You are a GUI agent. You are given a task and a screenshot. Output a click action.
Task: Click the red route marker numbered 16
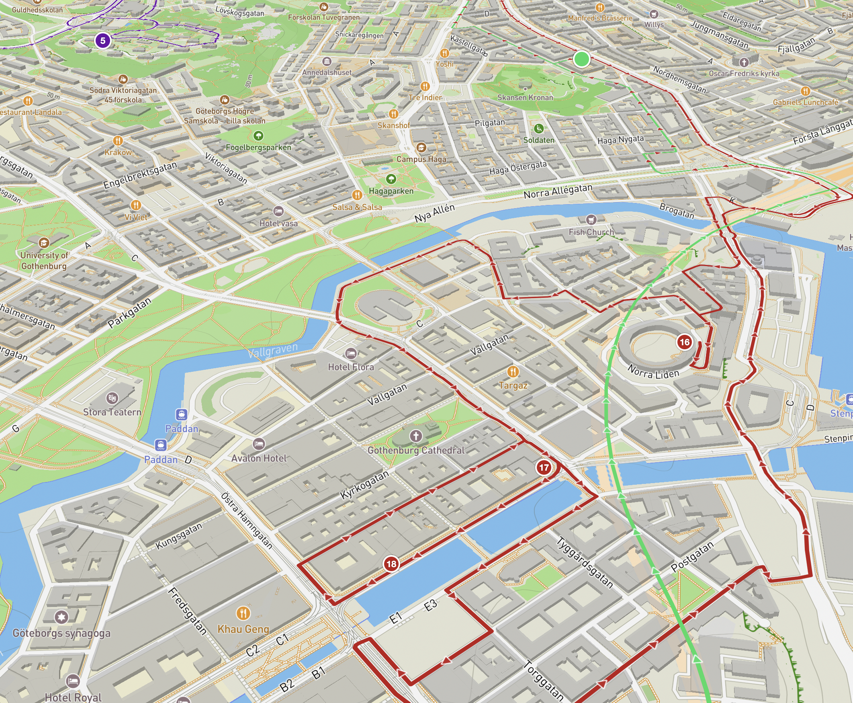click(684, 342)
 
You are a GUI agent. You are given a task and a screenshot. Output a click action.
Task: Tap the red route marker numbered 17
click(544, 467)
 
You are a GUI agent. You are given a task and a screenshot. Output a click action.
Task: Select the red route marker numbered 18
click(391, 564)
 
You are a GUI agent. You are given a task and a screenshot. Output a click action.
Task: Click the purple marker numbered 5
click(103, 41)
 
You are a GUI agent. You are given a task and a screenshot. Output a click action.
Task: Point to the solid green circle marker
click(581, 59)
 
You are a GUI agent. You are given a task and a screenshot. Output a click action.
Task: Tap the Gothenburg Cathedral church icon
click(416, 436)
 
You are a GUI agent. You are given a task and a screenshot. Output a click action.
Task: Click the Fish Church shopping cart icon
click(591, 220)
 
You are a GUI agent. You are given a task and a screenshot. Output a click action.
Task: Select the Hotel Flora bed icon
click(351, 354)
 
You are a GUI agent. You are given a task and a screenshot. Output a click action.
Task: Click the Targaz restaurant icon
click(513, 371)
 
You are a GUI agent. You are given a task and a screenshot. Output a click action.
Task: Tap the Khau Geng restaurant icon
click(243, 613)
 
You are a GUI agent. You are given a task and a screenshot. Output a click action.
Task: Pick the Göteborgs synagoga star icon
click(61, 617)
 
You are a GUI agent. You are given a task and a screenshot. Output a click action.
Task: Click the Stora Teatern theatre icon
click(112, 398)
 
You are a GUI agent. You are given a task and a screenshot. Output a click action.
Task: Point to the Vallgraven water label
click(273, 350)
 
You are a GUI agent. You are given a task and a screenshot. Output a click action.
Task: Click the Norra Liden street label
click(653, 371)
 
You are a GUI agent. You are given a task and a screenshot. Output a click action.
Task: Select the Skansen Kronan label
click(525, 98)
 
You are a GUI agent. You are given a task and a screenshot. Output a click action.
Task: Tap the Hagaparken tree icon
click(391, 178)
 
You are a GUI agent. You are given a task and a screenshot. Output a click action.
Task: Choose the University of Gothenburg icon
click(44, 242)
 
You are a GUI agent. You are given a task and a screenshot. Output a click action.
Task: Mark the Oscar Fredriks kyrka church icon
click(743, 62)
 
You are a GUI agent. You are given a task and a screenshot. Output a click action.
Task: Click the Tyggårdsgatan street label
click(585, 562)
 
